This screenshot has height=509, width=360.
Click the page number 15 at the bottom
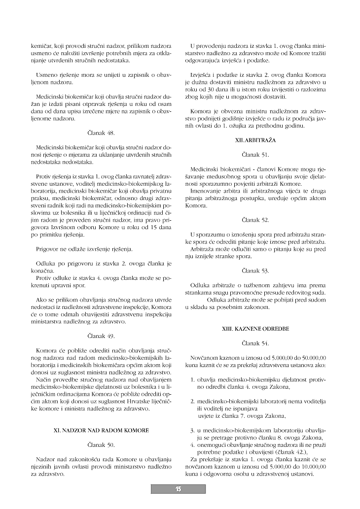[178, 489]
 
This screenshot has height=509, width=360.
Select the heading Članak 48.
[100, 133]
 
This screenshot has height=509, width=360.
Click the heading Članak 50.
[100, 445]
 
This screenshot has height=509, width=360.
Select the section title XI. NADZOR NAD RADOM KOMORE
[101, 430]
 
